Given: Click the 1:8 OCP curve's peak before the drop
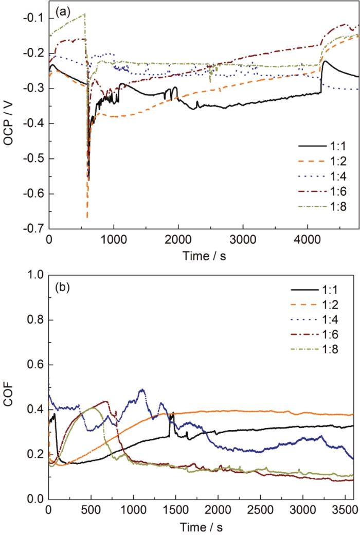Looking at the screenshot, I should (x=85, y=14).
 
